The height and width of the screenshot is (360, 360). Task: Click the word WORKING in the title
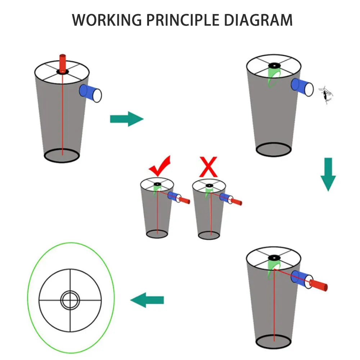point(107,20)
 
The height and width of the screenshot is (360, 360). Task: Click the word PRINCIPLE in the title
point(183,20)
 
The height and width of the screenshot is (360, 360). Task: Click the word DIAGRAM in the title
point(258,20)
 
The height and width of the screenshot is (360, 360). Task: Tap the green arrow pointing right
point(127,119)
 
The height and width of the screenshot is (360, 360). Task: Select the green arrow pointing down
point(328,175)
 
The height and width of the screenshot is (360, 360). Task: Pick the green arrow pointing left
point(147,300)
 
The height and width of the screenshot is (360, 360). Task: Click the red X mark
point(208,167)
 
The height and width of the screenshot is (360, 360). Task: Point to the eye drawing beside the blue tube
point(325,95)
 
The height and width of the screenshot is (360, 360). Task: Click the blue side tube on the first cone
point(90,93)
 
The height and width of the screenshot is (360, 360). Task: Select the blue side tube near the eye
point(302,87)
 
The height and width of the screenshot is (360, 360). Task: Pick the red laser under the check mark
point(184,200)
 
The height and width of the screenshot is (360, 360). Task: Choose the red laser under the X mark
point(236,202)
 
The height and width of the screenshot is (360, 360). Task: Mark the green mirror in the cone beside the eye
point(274,77)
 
